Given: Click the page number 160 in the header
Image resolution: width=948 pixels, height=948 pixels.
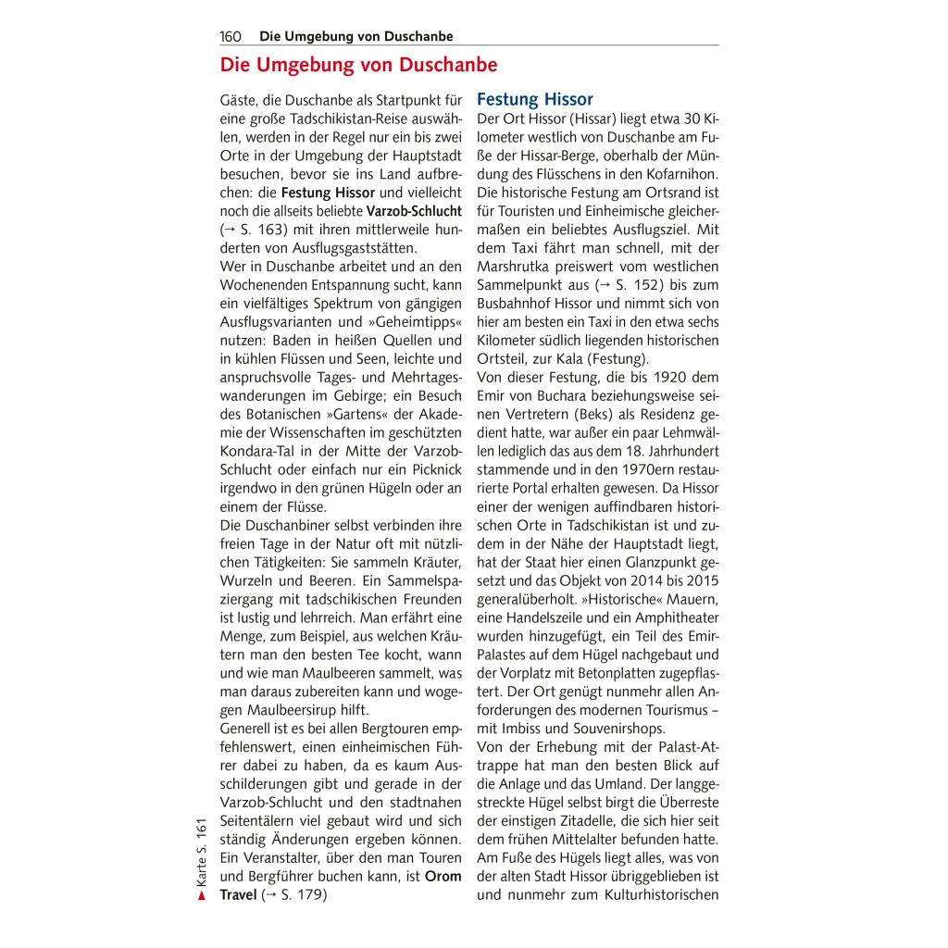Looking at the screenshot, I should click(231, 37).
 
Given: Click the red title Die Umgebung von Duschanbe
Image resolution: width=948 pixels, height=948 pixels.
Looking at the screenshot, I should click(358, 66).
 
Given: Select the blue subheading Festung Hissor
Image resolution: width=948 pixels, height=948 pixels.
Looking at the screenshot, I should click(535, 99).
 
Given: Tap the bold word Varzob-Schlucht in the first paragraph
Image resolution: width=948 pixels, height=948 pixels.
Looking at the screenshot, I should click(414, 210).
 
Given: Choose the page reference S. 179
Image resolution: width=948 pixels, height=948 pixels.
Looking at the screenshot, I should click(302, 894).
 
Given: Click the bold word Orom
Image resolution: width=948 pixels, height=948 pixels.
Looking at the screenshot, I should click(443, 876).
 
